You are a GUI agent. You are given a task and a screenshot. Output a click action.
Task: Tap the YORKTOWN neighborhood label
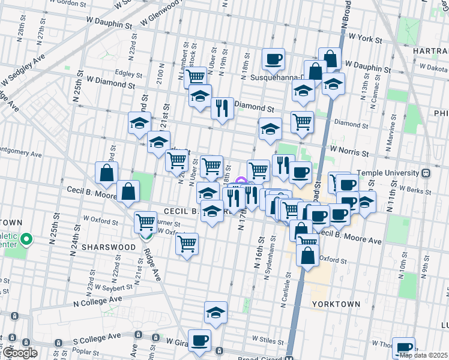(x=336, y=304)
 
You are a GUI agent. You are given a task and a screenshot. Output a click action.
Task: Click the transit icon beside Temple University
(x=426, y=173)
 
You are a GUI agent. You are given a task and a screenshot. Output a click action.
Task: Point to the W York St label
(x=365, y=39)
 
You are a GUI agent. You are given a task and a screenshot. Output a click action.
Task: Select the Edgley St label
(x=129, y=75)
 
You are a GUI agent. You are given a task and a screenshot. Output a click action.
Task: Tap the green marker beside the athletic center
(x=26, y=241)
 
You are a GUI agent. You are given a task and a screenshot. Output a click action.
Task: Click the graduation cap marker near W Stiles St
(x=215, y=312)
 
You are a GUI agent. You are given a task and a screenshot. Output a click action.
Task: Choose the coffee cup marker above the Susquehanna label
(x=274, y=59)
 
